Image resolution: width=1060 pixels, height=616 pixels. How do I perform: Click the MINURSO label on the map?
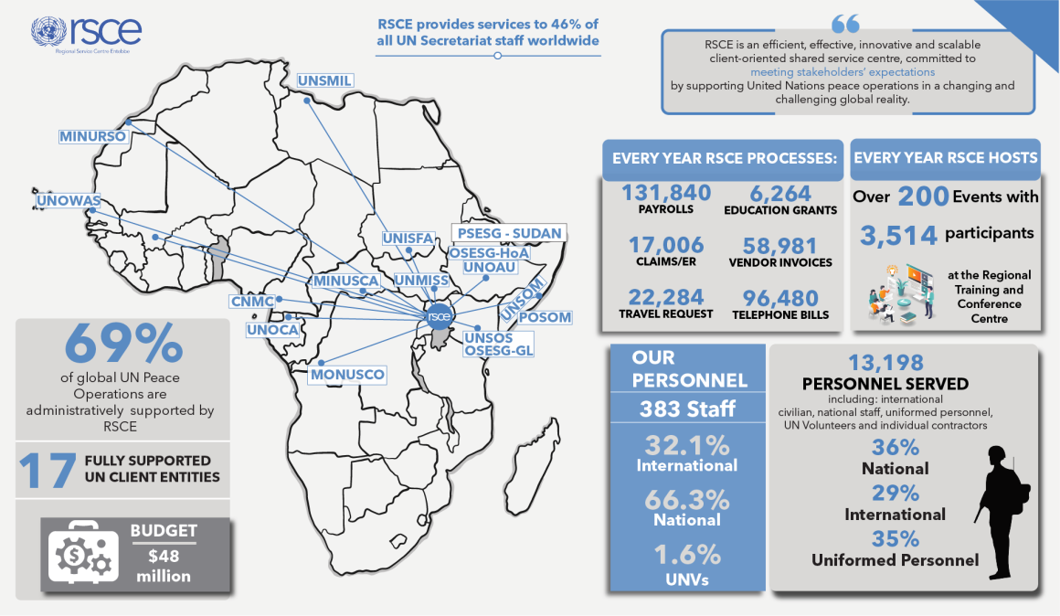coord(92,136)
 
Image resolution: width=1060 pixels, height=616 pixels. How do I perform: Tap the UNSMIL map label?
coord(324,81)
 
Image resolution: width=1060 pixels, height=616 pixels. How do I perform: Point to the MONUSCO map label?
coord(347,375)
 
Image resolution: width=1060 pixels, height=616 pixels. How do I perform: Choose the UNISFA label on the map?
coord(408,239)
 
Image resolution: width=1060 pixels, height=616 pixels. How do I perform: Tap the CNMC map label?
coord(252,302)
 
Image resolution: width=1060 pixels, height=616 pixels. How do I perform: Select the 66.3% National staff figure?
coord(686,500)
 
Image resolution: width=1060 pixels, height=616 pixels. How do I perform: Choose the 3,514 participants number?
coord(898,235)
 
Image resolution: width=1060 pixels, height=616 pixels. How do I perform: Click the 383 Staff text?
coord(687,409)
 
